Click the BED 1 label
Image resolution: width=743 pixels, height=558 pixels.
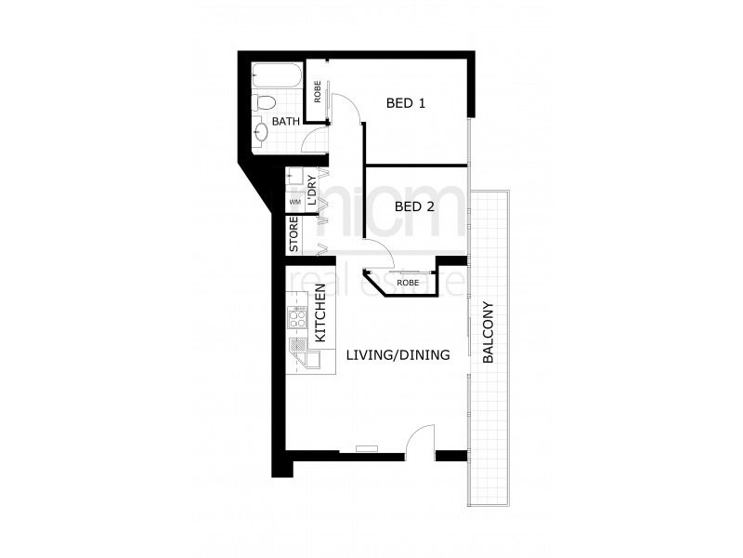click(x=405, y=103)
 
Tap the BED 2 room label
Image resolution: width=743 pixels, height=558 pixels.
click(x=414, y=206)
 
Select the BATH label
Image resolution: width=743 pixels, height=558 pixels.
click(x=285, y=122)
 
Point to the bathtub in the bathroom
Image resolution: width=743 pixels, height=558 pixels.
click(x=276, y=74)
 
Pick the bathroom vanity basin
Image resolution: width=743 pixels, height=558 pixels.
click(x=262, y=131)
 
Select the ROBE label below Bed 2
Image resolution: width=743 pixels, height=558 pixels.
click(x=407, y=282)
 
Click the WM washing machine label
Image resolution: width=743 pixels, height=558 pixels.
click(x=294, y=202)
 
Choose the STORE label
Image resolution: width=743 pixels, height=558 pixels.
click(x=293, y=235)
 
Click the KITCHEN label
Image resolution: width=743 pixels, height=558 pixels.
click(x=319, y=312)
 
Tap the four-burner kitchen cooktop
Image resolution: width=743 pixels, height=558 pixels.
click(x=299, y=319)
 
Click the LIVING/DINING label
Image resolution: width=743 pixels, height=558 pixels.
click(x=398, y=355)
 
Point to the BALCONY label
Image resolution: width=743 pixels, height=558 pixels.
click(x=489, y=333)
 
